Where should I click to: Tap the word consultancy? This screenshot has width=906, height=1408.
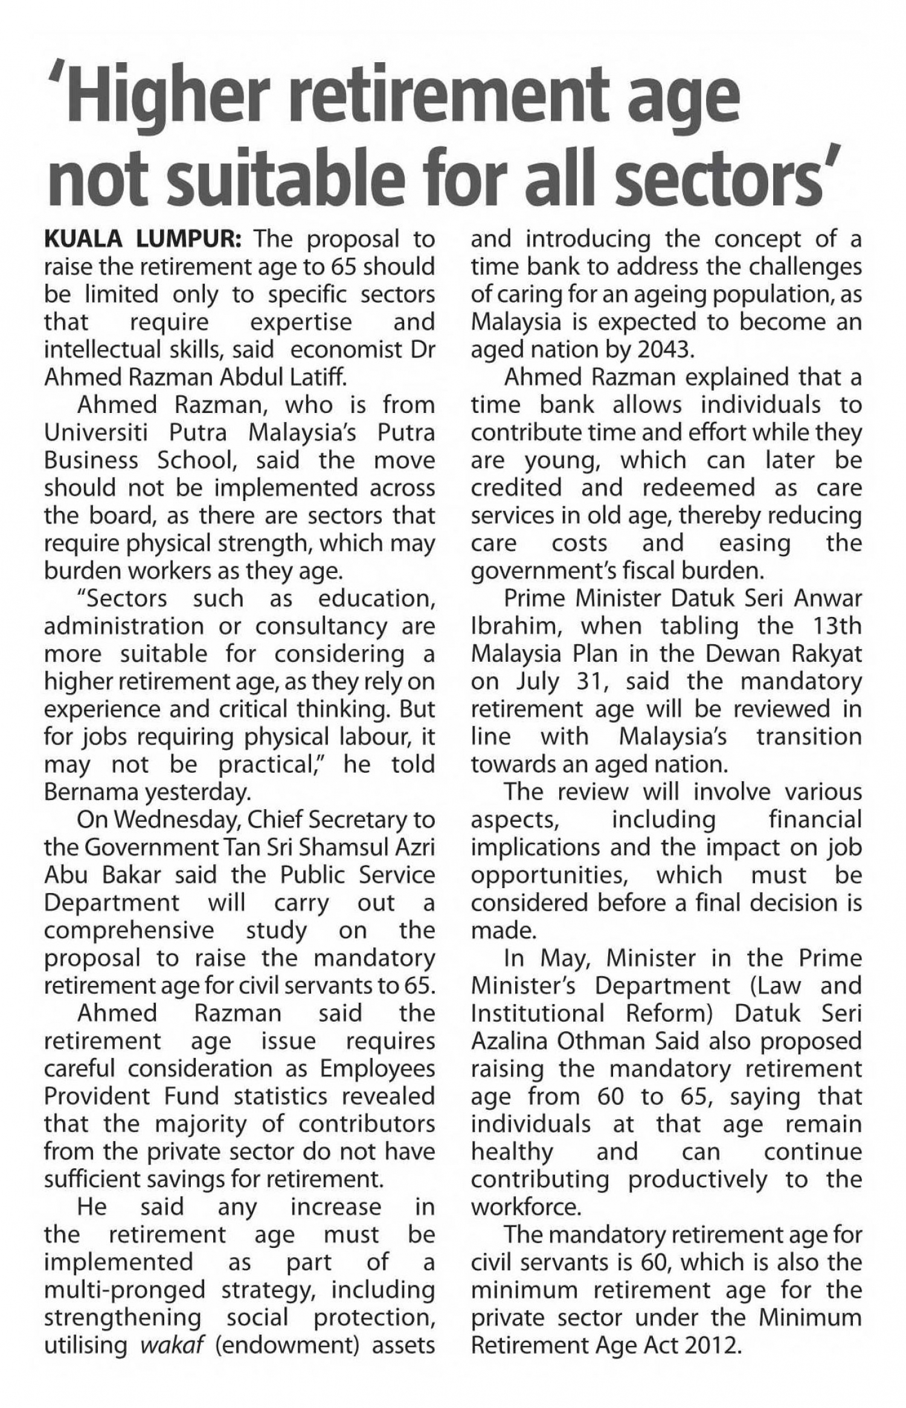321,626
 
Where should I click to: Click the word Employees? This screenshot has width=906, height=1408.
377,1068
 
